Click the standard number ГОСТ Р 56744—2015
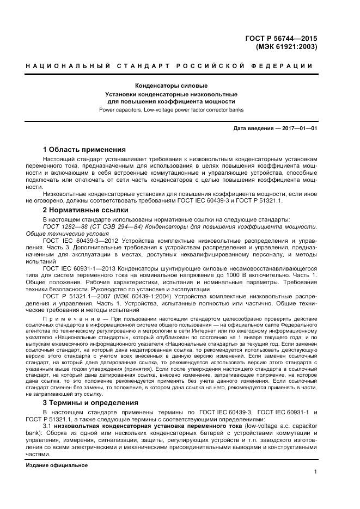[x=282, y=38]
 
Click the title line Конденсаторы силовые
[x=171, y=86]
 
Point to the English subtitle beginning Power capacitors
[x=171, y=109]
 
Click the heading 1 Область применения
[x=84, y=149]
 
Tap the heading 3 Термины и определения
[x=90, y=403]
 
